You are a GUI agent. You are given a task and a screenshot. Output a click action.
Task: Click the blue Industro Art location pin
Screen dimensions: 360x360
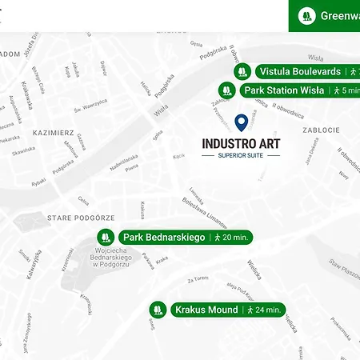click(x=242, y=122)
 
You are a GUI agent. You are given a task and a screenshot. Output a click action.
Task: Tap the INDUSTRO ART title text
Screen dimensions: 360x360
click(x=242, y=144)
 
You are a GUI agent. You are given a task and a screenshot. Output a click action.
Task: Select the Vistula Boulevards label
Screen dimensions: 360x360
click(x=300, y=71)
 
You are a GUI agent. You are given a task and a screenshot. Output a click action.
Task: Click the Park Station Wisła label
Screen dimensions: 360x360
click(x=284, y=90)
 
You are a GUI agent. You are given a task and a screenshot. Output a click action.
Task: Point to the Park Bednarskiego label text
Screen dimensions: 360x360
click(x=164, y=238)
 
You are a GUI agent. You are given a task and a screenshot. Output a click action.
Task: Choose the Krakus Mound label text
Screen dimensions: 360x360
click(x=206, y=310)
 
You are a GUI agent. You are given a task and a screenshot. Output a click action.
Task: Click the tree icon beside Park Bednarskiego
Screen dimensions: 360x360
click(x=104, y=238)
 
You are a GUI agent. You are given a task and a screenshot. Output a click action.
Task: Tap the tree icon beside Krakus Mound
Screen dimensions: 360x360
click(x=158, y=310)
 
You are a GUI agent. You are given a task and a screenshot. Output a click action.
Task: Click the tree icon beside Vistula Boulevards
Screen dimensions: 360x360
click(x=242, y=71)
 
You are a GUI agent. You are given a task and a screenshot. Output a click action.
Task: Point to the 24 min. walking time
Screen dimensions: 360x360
click(x=265, y=310)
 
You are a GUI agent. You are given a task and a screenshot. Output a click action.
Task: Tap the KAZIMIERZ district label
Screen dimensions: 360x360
click(x=54, y=131)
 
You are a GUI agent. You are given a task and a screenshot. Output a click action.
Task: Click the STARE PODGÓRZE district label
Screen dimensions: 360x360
click(x=82, y=217)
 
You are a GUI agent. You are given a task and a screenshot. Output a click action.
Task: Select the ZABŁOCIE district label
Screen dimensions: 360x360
click(x=321, y=130)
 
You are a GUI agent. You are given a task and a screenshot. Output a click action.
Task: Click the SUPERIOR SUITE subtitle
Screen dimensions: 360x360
click(x=242, y=155)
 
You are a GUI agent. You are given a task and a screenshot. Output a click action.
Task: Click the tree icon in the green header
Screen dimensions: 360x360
click(x=305, y=15)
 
